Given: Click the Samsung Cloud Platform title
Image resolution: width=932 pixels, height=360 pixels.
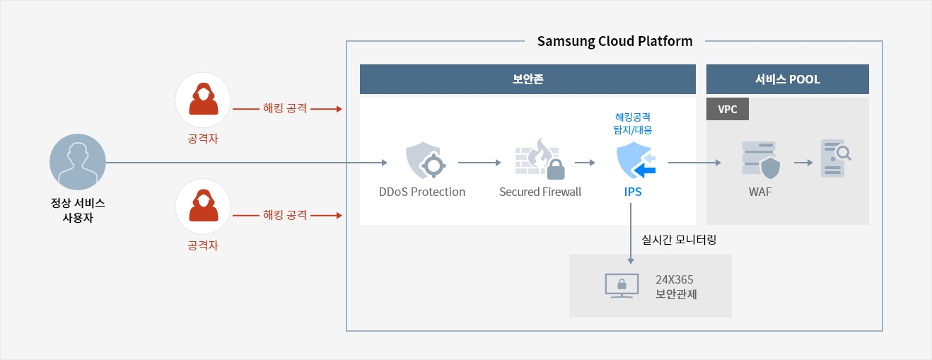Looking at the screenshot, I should pos(614,41).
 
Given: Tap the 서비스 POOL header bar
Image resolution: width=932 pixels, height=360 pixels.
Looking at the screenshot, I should pos(787,79).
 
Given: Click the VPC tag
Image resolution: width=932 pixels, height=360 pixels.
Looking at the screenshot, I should pos(728,109).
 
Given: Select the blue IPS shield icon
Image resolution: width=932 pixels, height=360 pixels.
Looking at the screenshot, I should pos(633,161).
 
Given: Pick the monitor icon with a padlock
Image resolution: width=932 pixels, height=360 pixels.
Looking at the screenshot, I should pos(621,285).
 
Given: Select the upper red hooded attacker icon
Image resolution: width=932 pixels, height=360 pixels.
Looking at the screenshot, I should pos(202,100).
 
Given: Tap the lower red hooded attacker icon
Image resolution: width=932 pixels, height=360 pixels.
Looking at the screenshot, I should pos(202,206).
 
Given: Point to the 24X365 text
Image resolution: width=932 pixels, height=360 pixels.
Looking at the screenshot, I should pos(674,279).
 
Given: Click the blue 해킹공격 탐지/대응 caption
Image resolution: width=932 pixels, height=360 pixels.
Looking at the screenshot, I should pos(634,122).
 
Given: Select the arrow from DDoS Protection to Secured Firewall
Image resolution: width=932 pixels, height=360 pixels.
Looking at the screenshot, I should pos(479,163).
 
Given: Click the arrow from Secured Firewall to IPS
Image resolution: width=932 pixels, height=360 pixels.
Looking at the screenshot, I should pos(584,163).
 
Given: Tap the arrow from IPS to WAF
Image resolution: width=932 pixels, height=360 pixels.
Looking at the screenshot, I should pos(694,163).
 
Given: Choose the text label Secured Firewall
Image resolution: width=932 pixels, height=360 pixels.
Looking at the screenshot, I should pos(540,192).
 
